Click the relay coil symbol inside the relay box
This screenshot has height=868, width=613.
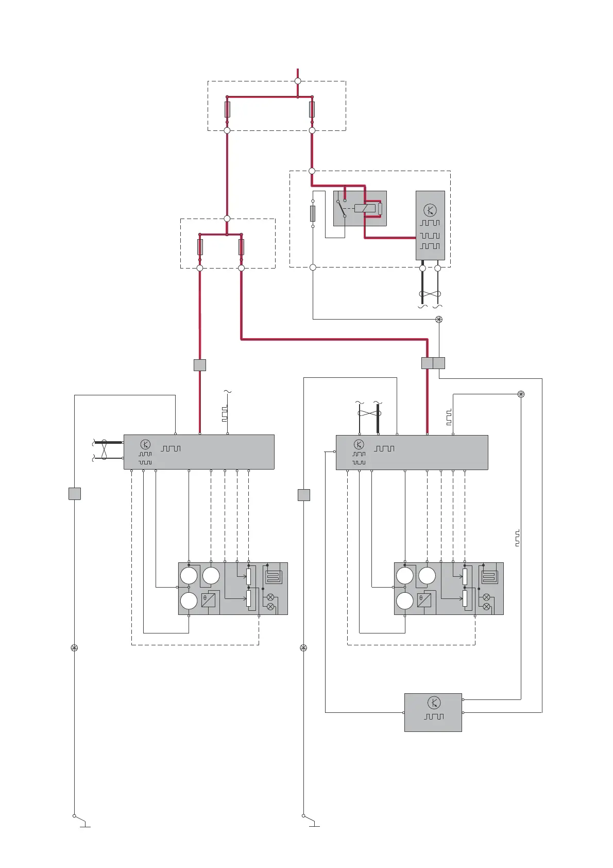click(365, 208)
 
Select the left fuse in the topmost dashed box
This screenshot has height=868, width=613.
click(227, 109)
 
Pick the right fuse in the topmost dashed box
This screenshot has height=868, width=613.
click(312, 109)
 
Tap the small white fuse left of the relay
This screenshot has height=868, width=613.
click(313, 213)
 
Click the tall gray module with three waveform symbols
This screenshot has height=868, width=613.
click(430, 225)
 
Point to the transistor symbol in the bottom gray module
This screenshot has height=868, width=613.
click(434, 703)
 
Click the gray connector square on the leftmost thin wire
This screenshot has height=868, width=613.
click(75, 494)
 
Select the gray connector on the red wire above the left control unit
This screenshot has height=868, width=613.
click(200, 365)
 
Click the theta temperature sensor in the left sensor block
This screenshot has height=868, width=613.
click(208, 600)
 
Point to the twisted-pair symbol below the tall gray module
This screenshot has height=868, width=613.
click(430, 294)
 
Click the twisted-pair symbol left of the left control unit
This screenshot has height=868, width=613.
click(105, 449)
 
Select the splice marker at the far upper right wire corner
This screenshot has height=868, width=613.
click(521, 394)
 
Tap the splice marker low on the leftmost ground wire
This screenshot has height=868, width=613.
click(74, 648)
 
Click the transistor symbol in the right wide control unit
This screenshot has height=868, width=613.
click(359, 444)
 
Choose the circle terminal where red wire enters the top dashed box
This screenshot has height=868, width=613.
click(298, 81)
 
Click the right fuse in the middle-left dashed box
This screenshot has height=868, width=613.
click(241, 247)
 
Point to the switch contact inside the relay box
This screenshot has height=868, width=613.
click(341, 209)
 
